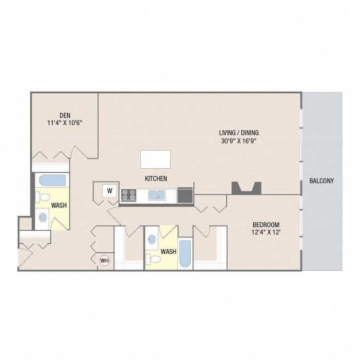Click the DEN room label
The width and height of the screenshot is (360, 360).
pyautogui.click(x=64, y=115)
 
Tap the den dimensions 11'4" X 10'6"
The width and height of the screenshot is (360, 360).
pyautogui.click(x=64, y=123)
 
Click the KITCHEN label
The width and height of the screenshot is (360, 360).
pyautogui.click(x=156, y=178)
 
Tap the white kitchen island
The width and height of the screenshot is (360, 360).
pyautogui.click(x=156, y=159)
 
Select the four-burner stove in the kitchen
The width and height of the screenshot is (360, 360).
pyautogui.click(x=128, y=195)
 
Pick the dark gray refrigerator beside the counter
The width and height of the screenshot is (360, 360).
pyautogui.click(x=185, y=195)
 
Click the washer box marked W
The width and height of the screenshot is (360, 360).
pyautogui.click(x=109, y=191)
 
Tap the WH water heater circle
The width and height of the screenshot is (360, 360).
pyautogui.click(x=105, y=261)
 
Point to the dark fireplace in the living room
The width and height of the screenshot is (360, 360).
pyautogui.click(x=246, y=188)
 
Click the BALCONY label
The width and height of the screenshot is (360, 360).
pyautogui.click(x=322, y=181)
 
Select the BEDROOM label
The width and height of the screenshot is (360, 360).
pyautogui.click(x=266, y=225)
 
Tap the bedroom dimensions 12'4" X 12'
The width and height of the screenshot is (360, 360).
pyautogui.click(x=266, y=233)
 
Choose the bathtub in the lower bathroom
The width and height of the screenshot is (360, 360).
pyautogui.click(x=185, y=253)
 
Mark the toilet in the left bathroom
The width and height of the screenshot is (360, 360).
pyautogui.click(x=44, y=197)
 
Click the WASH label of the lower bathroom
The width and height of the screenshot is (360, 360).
pyautogui.click(x=168, y=252)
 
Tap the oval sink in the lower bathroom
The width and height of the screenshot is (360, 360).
pyautogui.click(x=152, y=239)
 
